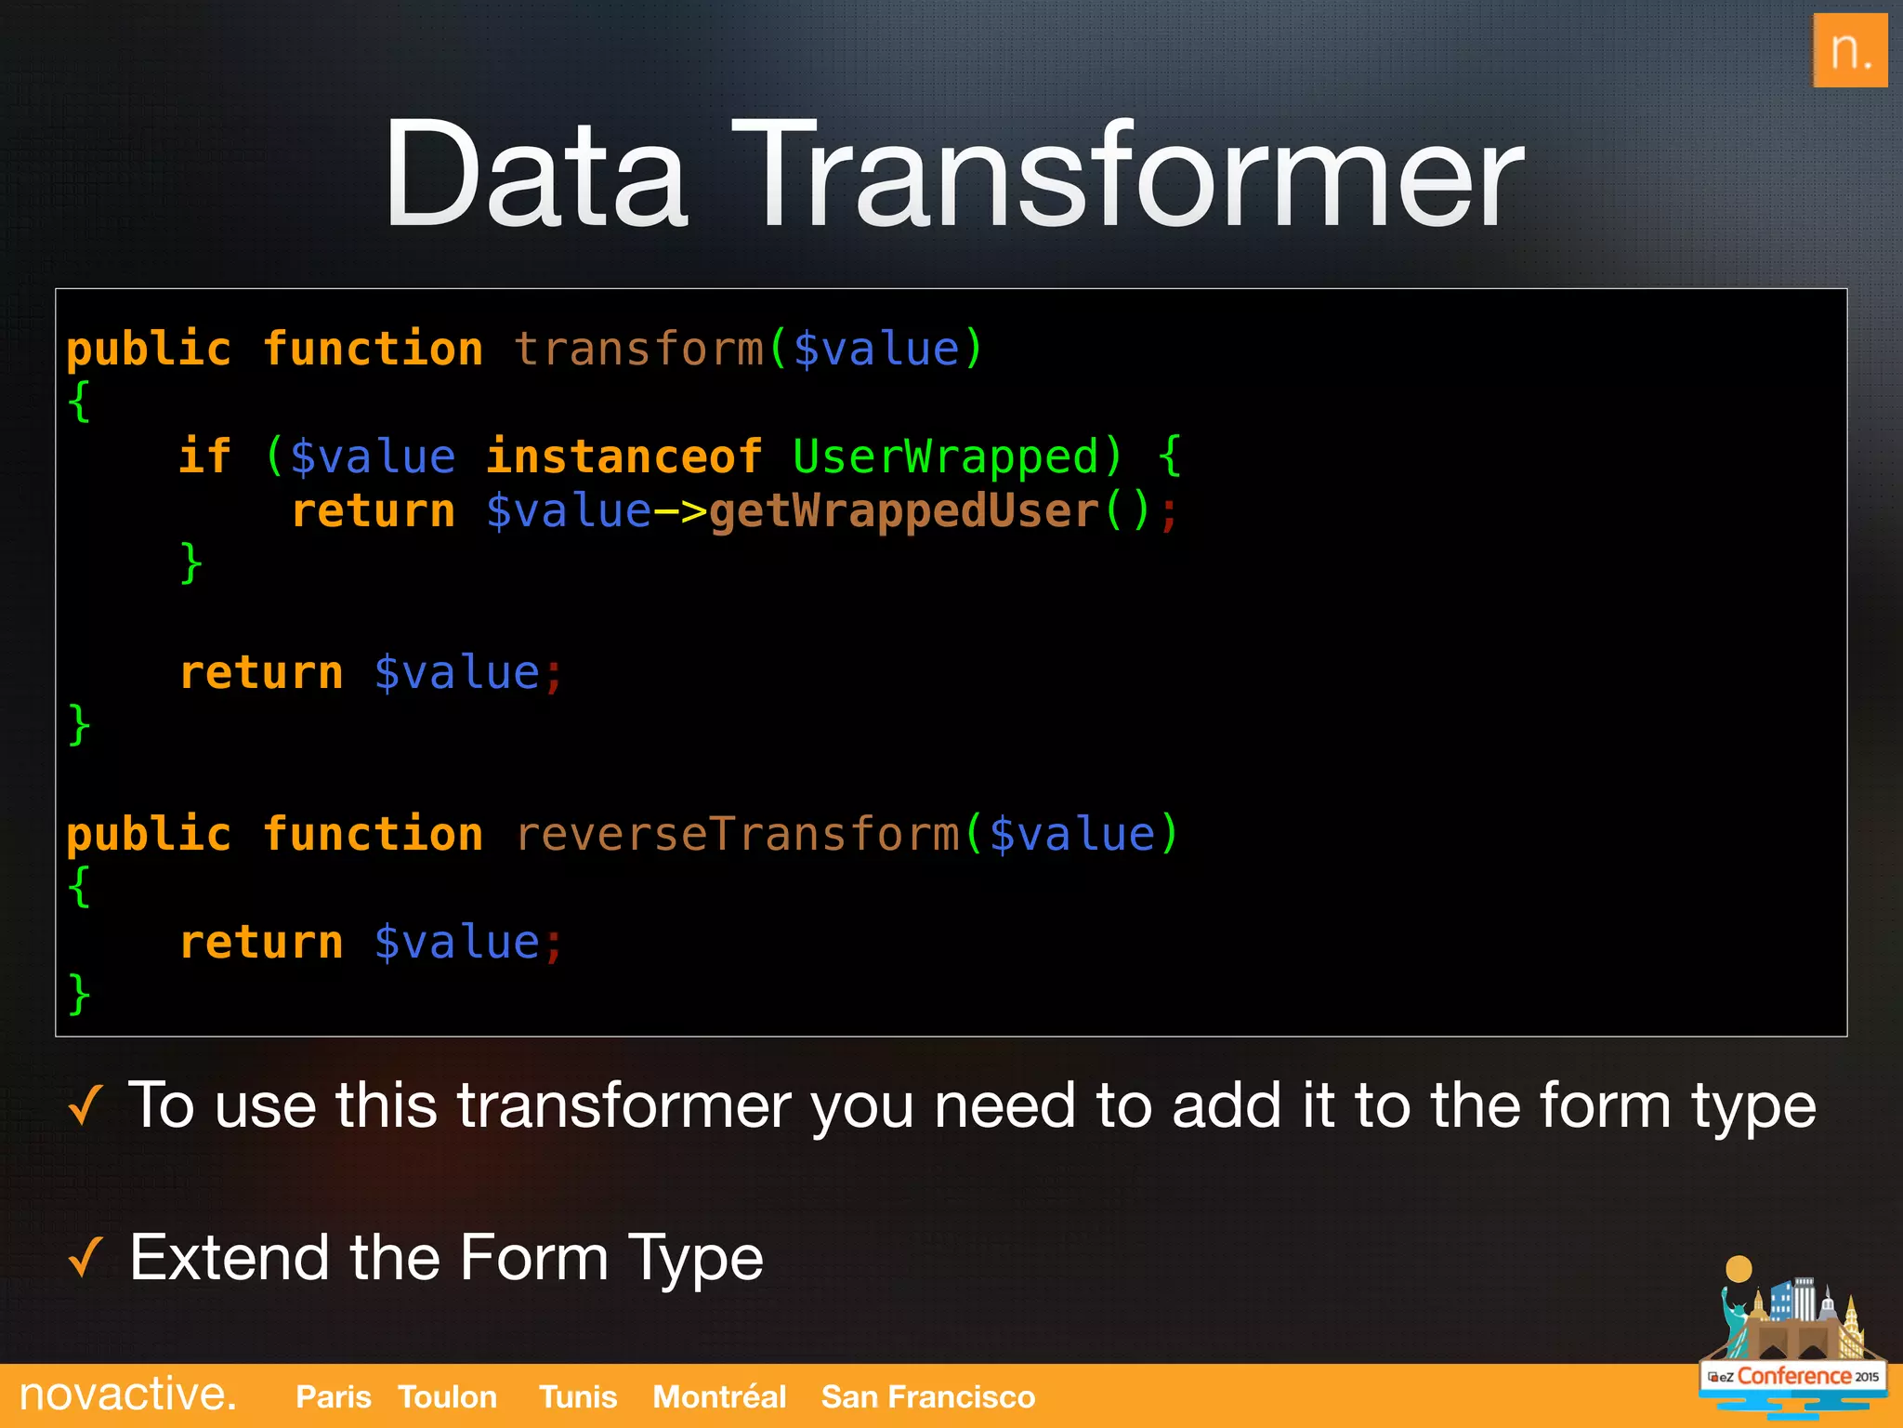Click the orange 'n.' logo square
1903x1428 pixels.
(x=1849, y=50)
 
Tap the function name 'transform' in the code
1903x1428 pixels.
(x=638, y=350)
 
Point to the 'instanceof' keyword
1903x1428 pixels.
(x=623, y=456)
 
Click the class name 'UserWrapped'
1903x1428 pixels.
(x=945, y=456)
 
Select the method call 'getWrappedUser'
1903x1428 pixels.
(x=904, y=510)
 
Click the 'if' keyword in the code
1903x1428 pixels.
(x=204, y=456)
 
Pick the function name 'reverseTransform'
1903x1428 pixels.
(x=737, y=833)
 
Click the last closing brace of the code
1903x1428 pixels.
(x=80, y=993)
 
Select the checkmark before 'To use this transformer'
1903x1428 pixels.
(x=85, y=1106)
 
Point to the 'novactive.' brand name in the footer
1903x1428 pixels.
(x=128, y=1395)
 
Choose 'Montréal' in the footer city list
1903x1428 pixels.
(x=719, y=1396)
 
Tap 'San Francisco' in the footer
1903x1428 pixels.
(x=927, y=1396)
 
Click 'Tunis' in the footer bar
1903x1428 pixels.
(x=578, y=1396)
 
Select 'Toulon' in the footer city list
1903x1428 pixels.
(x=447, y=1396)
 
